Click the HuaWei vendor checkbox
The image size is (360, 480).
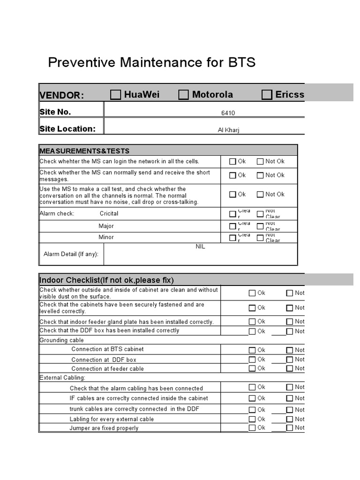[115, 95]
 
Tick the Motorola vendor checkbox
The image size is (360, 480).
[183, 95]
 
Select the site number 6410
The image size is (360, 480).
[228, 113]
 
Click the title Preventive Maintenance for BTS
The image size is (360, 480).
[152, 62]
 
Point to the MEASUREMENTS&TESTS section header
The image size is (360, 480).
[84, 151]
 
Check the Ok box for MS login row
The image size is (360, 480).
[233, 162]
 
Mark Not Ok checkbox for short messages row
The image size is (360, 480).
[260, 176]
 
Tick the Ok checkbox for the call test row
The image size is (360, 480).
[233, 195]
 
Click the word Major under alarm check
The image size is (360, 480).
[106, 226]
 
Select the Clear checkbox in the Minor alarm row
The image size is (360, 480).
[233, 238]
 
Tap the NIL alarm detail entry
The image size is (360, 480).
[200, 247]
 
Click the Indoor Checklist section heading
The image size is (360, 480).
[106, 280]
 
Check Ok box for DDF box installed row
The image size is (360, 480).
[252, 331]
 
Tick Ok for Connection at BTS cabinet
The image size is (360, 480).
[252, 350]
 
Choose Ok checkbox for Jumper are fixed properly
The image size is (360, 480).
[252, 428]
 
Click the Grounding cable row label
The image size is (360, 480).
[54, 340]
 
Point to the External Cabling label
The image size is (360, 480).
[62, 377]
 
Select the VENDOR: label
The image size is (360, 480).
[61, 96]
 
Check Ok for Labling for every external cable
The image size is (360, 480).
[252, 419]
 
